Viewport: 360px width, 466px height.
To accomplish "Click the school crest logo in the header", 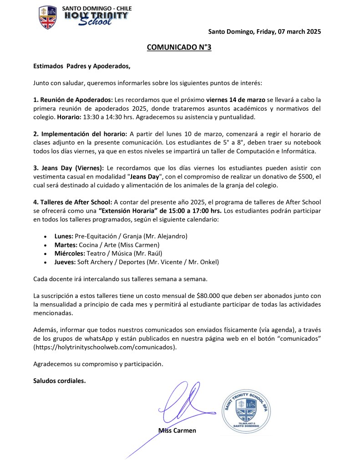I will (x=48, y=17).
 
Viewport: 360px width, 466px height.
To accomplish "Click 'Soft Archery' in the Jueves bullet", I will (x=95, y=262).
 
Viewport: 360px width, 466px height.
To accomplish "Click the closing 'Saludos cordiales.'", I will (x=60, y=380).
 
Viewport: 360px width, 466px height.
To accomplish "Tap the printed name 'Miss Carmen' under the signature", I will (x=177, y=430).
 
